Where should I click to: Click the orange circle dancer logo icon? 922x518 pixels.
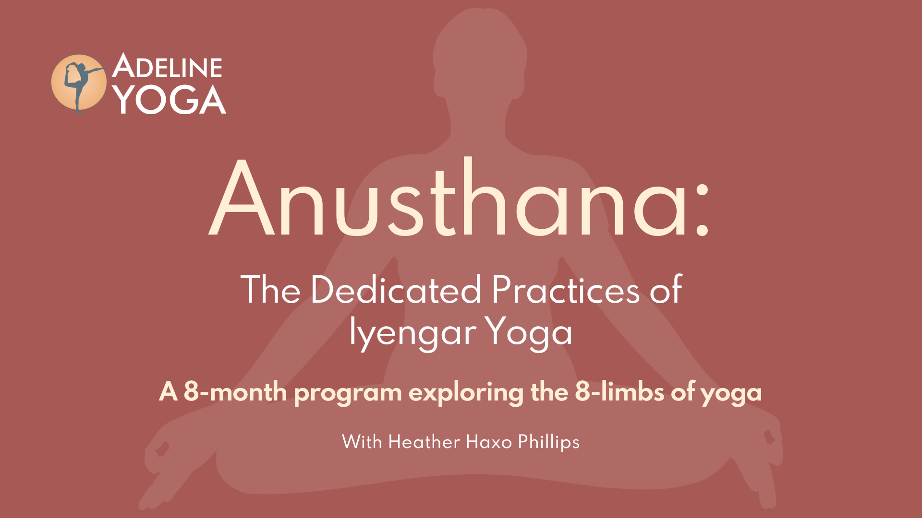[x=78, y=82]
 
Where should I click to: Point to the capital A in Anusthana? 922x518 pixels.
[x=242, y=198]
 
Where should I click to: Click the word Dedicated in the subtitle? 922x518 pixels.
[x=396, y=290]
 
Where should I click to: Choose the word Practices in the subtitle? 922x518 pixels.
[x=566, y=290]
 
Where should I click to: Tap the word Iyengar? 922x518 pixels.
[x=413, y=332]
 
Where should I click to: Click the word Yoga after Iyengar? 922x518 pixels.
[x=528, y=332]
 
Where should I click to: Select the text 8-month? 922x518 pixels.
[x=235, y=392]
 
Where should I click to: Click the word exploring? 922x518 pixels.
[x=466, y=393]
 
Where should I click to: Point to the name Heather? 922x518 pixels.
[x=424, y=442]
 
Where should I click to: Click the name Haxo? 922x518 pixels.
[x=489, y=442]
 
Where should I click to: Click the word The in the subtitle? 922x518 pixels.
[x=271, y=290]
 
